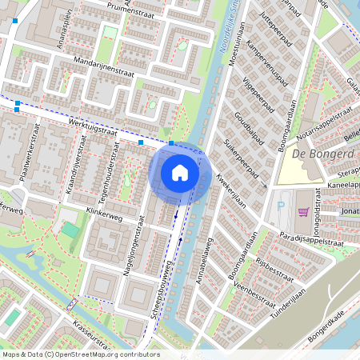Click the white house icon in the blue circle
tap(180, 173)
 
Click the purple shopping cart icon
tap(302, 211)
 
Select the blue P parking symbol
tap(279, 206)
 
